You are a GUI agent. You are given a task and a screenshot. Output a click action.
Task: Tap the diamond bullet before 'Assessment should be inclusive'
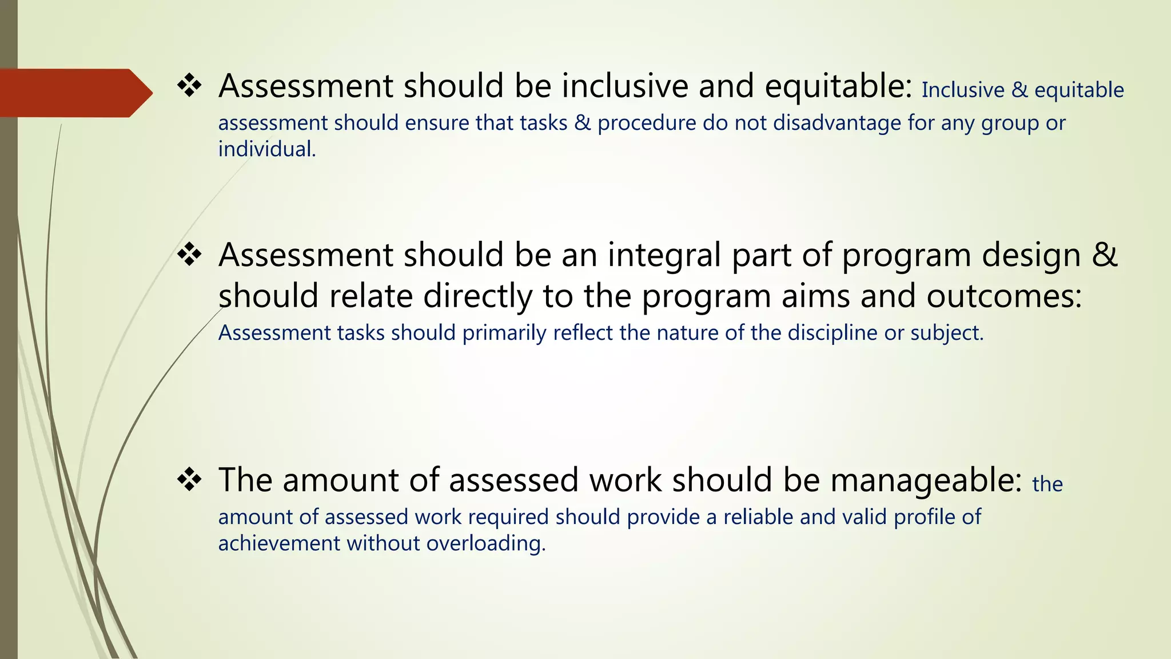point(189,86)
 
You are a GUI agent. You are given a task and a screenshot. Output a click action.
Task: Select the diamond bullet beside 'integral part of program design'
point(189,255)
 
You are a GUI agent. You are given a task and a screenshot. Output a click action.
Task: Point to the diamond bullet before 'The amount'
point(189,480)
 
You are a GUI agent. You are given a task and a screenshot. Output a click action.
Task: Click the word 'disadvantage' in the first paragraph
point(837,123)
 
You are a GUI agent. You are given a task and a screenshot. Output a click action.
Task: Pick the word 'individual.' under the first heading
point(267,149)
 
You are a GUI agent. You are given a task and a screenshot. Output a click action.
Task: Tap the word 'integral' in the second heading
point(664,255)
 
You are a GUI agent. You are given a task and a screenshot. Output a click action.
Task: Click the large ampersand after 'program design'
point(1104,255)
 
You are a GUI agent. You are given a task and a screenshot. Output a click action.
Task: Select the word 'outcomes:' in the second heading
point(1004,296)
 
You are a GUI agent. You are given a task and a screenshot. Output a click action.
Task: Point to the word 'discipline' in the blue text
point(833,333)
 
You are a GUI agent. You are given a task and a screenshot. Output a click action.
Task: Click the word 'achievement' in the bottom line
point(279,543)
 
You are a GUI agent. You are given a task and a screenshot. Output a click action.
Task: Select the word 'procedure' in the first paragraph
point(647,123)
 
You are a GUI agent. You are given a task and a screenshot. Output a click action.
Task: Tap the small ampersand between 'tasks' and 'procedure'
point(583,123)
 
